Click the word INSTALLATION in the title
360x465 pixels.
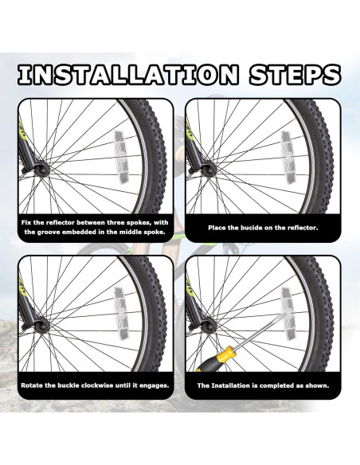(127, 74)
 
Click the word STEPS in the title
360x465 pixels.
(295, 74)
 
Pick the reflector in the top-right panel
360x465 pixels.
(288, 157)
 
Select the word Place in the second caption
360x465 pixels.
(216, 228)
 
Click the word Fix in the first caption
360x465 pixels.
(26, 222)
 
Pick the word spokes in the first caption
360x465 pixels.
(139, 223)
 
